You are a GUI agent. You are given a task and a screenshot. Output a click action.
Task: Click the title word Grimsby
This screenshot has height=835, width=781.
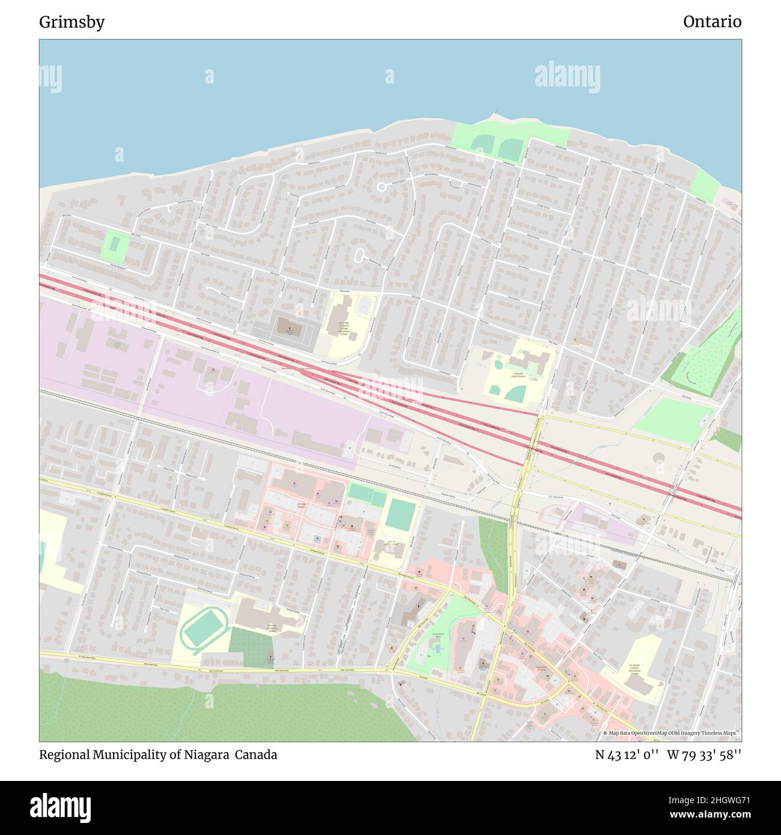click(71, 22)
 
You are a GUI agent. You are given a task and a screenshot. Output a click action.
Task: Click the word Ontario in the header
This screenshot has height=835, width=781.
click(712, 22)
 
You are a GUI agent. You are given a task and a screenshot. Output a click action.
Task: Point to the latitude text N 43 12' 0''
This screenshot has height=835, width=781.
click(627, 755)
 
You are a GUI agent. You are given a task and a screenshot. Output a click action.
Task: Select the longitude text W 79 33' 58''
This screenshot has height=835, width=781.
click(704, 755)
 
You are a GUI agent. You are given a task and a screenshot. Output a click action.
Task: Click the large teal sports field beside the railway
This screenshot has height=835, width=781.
click(398, 514)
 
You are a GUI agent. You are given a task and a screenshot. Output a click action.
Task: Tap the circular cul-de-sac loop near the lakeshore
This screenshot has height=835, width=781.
click(381, 187)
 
